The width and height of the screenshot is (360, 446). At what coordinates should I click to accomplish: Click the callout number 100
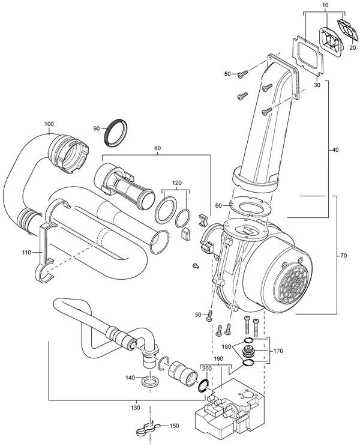tap(49, 124)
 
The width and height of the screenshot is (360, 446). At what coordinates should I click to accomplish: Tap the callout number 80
tap(157, 148)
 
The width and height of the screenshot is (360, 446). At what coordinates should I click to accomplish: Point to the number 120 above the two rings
tap(176, 183)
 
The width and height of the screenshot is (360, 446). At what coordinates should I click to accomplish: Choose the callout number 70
tap(344, 256)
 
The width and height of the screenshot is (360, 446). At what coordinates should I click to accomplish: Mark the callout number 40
tap(335, 149)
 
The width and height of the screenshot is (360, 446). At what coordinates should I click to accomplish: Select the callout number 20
tap(353, 48)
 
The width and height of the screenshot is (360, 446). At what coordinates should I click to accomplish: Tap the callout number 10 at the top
tap(326, 5)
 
